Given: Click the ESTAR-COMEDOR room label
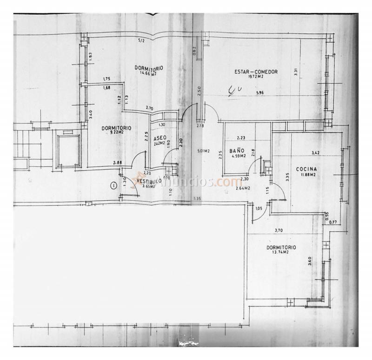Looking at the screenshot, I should pyautogui.click(x=256, y=72).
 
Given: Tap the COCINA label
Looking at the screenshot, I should pyautogui.click(x=306, y=169).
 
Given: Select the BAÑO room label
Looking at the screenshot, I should pyautogui.click(x=237, y=151).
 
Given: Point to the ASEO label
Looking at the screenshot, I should pyautogui.click(x=159, y=138).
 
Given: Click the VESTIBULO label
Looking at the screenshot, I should pyautogui.click(x=149, y=181).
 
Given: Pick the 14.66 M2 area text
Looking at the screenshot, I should pyautogui.click(x=149, y=73).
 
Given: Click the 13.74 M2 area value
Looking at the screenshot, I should pyautogui.click(x=280, y=252).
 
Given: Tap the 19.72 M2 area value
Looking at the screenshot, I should pyautogui.click(x=256, y=77).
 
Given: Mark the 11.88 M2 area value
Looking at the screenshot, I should pyautogui.click(x=308, y=175).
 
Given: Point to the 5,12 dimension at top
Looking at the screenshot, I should pyautogui.click(x=141, y=41).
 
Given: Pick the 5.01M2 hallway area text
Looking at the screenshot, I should pyautogui.click(x=203, y=151).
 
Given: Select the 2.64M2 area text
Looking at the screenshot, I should pyautogui.click(x=243, y=188).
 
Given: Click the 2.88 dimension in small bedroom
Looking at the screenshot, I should pyautogui.click(x=118, y=163).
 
